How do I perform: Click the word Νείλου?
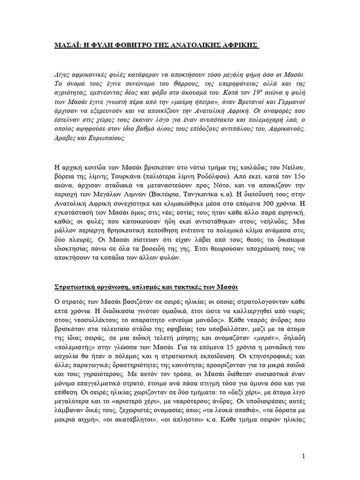point(293,168)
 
